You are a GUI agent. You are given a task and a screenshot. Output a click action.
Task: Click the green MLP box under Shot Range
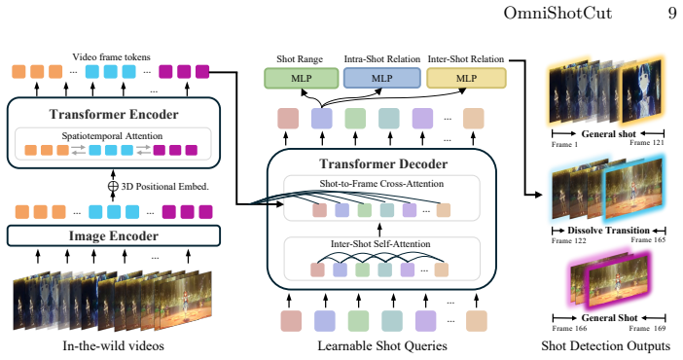pyautogui.click(x=302, y=79)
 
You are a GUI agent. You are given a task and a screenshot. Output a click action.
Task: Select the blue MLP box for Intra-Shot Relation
pyautogui.click(x=382, y=79)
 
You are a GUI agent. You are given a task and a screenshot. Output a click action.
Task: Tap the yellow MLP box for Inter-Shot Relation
pyautogui.click(x=466, y=79)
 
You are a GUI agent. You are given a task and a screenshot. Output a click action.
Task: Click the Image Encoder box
pyautogui.click(x=113, y=235)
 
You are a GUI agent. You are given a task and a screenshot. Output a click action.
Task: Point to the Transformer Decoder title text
pyautogui.click(x=383, y=163)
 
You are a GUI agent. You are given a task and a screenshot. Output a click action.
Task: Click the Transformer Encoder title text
pyautogui.click(x=114, y=114)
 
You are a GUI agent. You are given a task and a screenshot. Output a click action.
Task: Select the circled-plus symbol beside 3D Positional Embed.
pyautogui.click(x=113, y=187)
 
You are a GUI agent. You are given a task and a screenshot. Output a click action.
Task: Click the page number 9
pyautogui.click(x=672, y=13)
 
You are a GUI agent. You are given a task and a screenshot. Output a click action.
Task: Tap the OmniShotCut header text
pyautogui.click(x=557, y=13)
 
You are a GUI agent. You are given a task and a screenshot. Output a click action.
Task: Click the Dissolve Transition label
pyautogui.click(x=608, y=231)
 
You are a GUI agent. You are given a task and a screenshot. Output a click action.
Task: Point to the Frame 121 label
pyautogui.click(x=647, y=143)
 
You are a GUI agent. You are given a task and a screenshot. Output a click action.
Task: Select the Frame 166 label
pyautogui.click(x=569, y=328)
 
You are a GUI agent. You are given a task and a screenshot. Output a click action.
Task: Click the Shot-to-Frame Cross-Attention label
pyautogui.click(x=381, y=184)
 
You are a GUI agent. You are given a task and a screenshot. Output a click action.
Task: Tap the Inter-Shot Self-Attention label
pyautogui.click(x=380, y=243)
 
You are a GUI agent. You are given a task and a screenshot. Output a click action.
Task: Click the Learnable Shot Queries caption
pyautogui.click(x=382, y=346)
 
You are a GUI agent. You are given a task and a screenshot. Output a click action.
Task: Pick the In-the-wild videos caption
pyautogui.click(x=113, y=346)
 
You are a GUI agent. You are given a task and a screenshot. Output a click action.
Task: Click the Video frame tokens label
pyautogui.click(x=111, y=57)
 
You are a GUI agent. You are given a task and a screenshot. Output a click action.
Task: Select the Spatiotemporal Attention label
pyautogui.click(x=112, y=136)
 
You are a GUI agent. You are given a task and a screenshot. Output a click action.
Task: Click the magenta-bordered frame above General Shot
pyautogui.click(x=615, y=281)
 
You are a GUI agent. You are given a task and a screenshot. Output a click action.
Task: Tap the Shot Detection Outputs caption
pyautogui.click(x=605, y=346)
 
